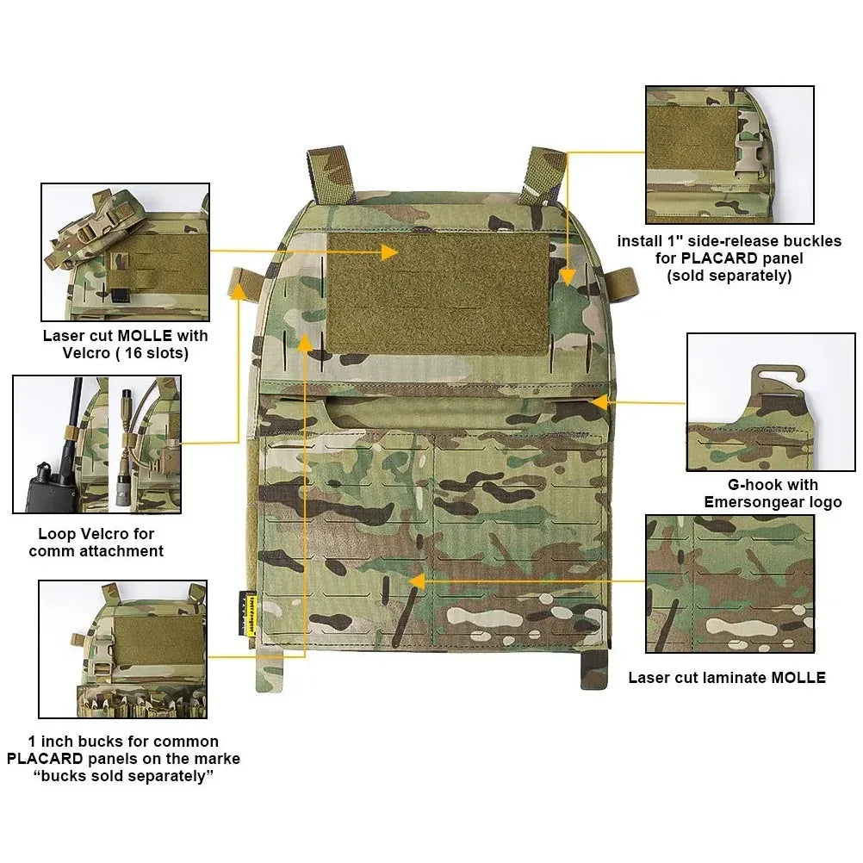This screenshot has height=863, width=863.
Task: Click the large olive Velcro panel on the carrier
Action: pyautogui.click(x=438, y=294)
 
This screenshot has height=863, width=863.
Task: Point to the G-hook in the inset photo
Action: pyautogui.click(x=776, y=379)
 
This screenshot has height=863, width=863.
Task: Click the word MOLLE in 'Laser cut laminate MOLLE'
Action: pyautogui.click(x=798, y=678)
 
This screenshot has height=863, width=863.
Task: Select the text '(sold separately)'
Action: pyautogui.click(x=730, y=276)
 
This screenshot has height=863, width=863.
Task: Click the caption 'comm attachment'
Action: pyautogui.click(x=96, y=551)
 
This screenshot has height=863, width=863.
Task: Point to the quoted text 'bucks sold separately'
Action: pyautogui.click(x=123, y=777)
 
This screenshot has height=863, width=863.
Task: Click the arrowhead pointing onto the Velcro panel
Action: pyautogui.click(x=389, y=252)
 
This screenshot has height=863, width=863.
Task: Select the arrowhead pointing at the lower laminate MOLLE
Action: pyautogui.click(x=417, y=581)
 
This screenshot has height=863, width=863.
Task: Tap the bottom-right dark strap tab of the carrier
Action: pyautogui.click(x=594, y=668)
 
